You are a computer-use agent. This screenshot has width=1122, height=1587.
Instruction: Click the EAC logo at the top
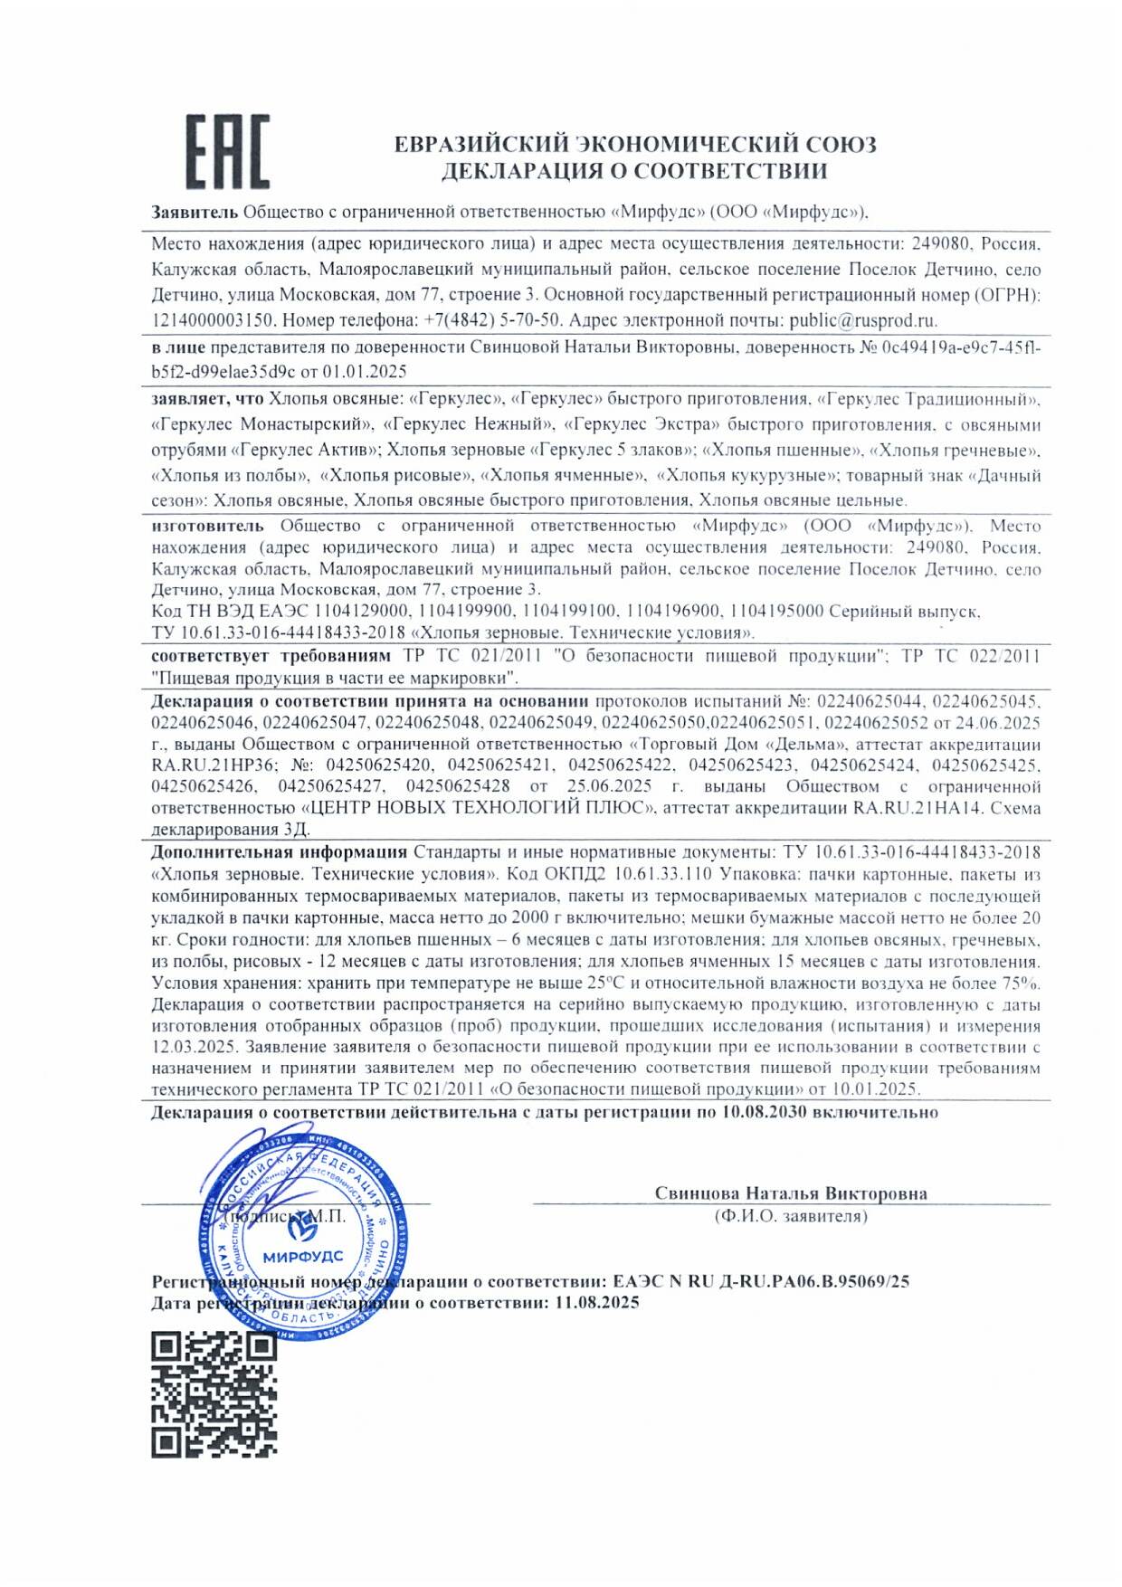point(227,152)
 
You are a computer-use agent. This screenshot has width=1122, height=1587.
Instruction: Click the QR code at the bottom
point(214,1394)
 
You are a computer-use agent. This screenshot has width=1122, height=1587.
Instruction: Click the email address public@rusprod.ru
point(862,320)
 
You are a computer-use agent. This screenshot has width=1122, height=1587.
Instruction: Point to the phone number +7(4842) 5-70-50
point(492,320)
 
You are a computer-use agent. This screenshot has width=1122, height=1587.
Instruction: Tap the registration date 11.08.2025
point(597,1303)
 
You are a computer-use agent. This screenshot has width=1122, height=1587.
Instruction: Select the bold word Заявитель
point(195,213)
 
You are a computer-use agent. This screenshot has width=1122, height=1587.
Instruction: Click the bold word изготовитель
point(207,526)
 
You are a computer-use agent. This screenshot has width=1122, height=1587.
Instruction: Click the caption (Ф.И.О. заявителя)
point(791,1216)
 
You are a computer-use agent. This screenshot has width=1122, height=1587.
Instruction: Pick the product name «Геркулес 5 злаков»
point(612,450)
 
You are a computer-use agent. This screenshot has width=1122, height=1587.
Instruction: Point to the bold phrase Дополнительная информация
point(279,852)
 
